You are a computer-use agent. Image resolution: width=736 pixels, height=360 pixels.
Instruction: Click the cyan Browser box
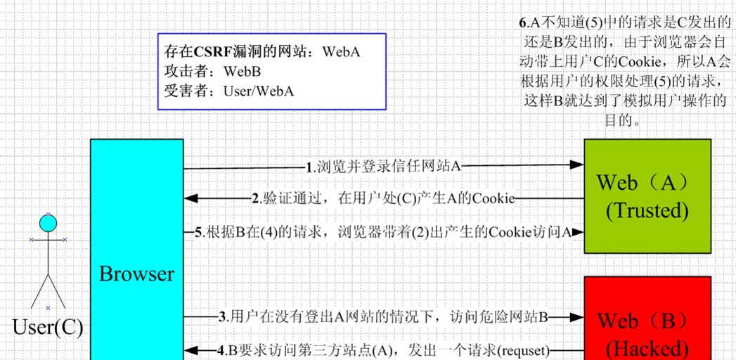(136, 211)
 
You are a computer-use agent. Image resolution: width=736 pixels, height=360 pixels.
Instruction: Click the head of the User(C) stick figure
(48, 224)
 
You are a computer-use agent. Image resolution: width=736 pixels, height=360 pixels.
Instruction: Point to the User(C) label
(48, 327)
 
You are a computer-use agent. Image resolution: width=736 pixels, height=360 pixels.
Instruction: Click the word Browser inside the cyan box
(136, 274)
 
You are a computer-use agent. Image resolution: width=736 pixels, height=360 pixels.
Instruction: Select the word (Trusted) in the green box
(647, 210)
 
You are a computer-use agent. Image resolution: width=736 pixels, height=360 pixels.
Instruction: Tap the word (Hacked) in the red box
(647, 347)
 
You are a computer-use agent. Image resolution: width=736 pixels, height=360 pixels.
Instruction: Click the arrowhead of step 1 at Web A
(577, 165)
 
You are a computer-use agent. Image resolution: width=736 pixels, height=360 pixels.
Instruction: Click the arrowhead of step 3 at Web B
(577, 316)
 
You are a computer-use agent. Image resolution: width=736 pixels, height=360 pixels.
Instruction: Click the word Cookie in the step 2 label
(493, 198)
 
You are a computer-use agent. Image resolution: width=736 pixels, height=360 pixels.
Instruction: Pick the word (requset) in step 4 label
(524, 349)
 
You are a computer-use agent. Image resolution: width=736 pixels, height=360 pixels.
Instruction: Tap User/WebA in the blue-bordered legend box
(259, 91)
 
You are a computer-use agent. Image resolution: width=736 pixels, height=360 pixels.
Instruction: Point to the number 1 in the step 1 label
(309, 167)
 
